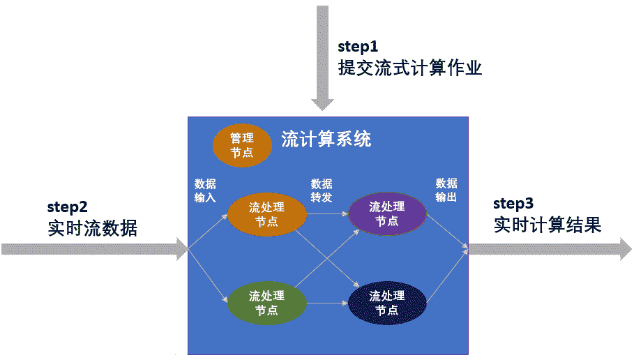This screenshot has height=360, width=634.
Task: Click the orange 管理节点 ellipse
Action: [242, 145]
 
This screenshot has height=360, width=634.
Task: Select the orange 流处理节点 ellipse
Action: [267, 214]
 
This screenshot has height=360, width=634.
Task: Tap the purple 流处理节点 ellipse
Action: [386, 213]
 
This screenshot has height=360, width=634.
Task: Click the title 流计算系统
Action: [326, 139]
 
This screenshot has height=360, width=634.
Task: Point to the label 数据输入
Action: [205, 190]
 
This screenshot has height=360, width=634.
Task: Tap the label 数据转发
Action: [322, 190]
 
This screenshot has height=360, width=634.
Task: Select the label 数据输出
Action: [446, 190]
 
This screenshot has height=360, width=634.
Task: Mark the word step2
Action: [68, 207]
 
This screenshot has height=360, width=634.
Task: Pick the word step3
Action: [513, 204]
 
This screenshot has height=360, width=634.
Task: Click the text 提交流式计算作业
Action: [410, 68]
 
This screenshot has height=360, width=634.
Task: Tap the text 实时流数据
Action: [93, 228]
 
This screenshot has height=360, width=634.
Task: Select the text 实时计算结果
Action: [548, 225]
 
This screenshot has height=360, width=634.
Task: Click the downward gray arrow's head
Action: [322, 104]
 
